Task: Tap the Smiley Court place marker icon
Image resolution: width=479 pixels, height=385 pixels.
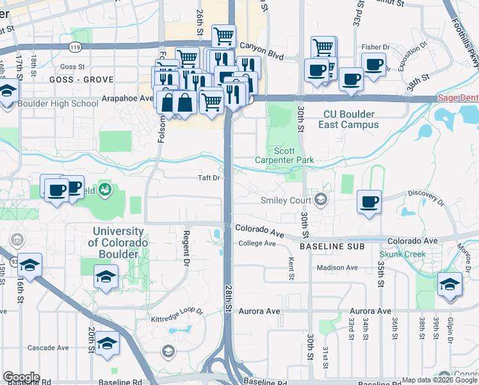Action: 321,200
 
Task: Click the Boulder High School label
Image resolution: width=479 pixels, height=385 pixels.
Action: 58,103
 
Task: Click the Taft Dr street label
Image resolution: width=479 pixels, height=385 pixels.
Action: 209,178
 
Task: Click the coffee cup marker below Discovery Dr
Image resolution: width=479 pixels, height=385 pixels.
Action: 369,202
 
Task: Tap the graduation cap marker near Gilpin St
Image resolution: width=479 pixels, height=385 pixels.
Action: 450,284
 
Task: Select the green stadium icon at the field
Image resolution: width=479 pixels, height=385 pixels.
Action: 105,189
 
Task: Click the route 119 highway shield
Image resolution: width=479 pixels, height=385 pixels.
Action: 75,47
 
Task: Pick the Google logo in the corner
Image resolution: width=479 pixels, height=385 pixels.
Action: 20,377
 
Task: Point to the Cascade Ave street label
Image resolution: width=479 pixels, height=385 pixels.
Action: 48,348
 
